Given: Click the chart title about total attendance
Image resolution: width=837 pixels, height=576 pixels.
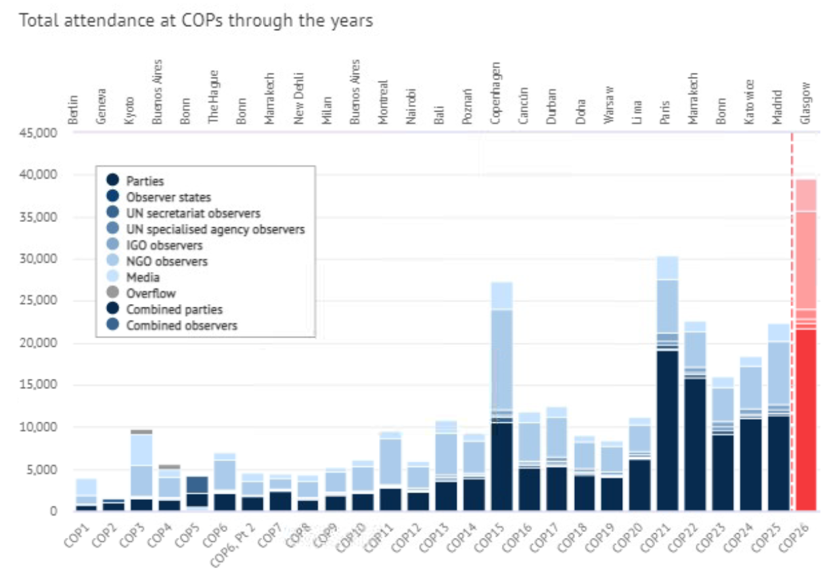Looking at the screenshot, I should tap(196, 21).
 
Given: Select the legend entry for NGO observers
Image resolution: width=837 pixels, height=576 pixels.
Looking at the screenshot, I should tap(167, 261).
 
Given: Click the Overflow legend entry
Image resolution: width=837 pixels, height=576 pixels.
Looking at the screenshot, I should tap(152, 294).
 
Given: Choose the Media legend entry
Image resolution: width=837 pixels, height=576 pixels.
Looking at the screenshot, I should tap(143, 277).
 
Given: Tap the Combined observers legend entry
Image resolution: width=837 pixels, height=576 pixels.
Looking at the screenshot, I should tap(181, 325).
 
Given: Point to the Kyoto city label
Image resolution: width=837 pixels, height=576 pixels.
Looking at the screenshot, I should tap(129, 108).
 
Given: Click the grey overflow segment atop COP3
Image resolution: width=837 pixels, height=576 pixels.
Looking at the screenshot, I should tap(141, 432).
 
